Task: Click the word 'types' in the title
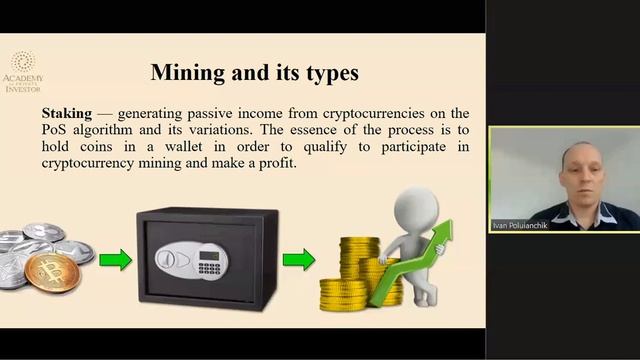(x=327, y=73)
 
